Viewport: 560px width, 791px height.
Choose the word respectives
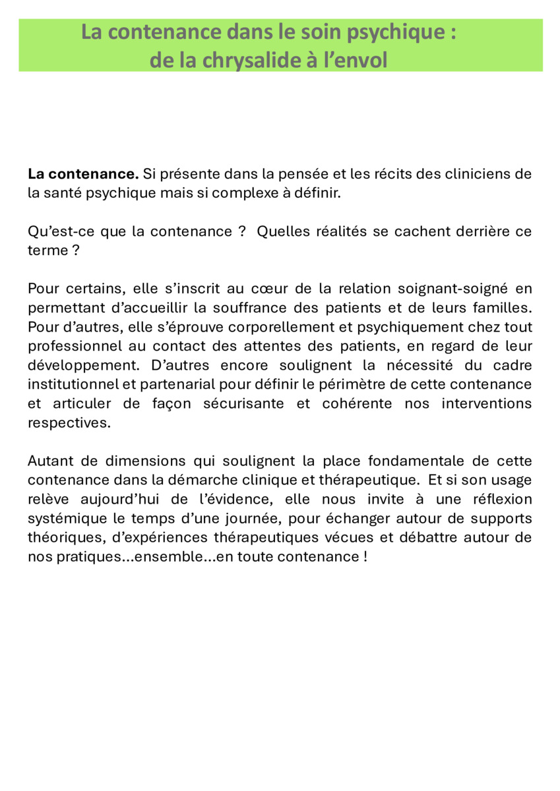[x=69, y=423]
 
